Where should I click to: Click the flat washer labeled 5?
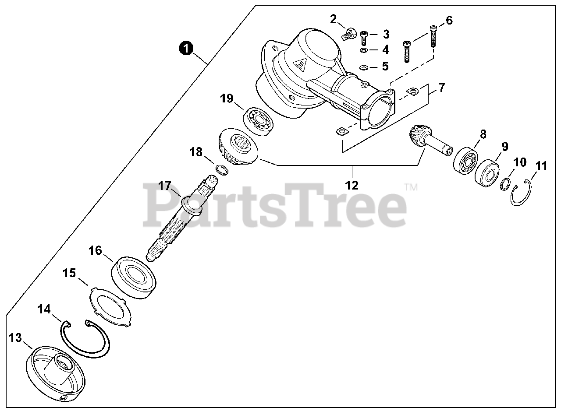364,68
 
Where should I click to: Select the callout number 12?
352,185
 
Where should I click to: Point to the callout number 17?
164,186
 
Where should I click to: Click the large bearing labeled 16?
135,278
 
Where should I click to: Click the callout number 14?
44,309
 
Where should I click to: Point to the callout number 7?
441,88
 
